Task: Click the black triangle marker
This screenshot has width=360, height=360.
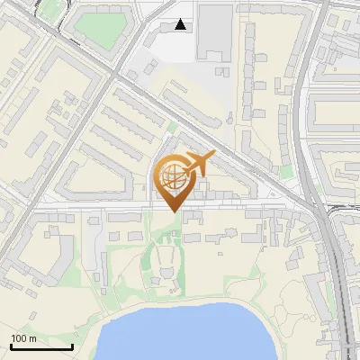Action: click(x=182, y=25)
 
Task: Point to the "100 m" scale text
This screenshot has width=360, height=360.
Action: click(x=24, y=337)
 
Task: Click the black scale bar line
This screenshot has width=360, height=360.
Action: click(x=41, y=346)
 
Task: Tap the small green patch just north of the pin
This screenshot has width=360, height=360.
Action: click(x=172, y=129)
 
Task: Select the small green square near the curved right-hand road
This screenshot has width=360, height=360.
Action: click(x=286, y=170)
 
